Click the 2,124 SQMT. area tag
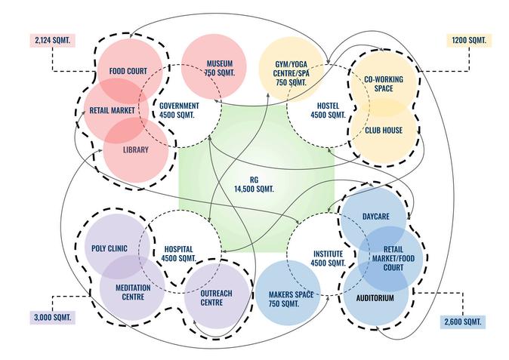(x=51, y=38)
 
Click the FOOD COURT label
(x=128, y=72)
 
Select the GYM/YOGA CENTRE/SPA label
(x=292, y=72)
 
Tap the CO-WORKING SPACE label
(x=383, y=84)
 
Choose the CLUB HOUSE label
(x=383, y=130)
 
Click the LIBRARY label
(x=136, y=149)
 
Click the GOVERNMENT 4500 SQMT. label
(x=179, y=109)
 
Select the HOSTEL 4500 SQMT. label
(x=328, y=109)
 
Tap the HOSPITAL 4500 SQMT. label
(x=179, y=253)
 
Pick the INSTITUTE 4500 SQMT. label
(x=329, y=258)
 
